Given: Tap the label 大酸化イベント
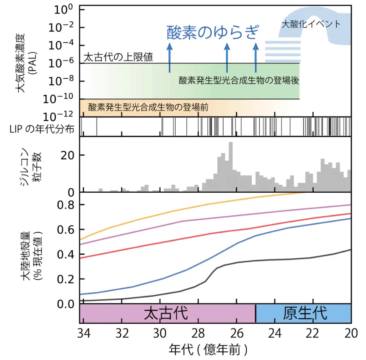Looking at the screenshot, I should click(311, 24).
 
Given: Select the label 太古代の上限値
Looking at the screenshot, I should click(118, 57).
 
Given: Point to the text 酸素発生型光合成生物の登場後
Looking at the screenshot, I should click(239, 80).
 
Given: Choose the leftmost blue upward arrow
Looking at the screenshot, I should click(169, 59).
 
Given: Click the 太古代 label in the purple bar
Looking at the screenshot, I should click(167, 313).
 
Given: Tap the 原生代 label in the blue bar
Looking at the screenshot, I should click(304, 313).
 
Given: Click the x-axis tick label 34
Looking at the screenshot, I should click(83, 332).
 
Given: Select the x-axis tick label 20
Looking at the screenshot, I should click(350, 332).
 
